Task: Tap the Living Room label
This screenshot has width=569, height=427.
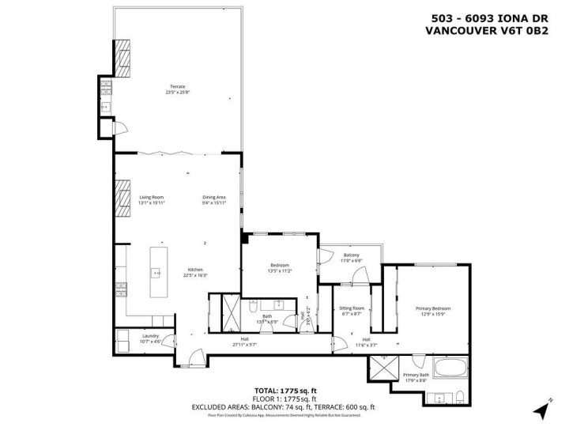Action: (151, 197)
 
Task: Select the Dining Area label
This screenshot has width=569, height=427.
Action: (213, 197)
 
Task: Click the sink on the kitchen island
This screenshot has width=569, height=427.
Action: (157, 273)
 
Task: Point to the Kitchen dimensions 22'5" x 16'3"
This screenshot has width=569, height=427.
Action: (197, 276)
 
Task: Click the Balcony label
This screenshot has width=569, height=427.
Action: (351, 255)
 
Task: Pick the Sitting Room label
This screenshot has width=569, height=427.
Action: (352, 308)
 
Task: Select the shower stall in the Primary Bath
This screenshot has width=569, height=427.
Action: (385, 368)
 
